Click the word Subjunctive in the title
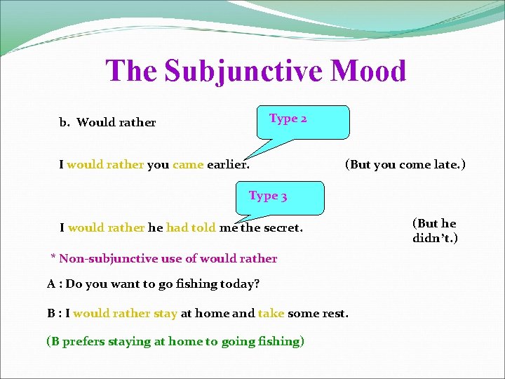pyautogui.click(x=241, y=72)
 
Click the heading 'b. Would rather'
pyautogui.click(x=107, y=122)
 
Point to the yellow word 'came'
pyautogui.click(x=187, y=165)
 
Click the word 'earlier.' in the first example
pyautogui.click(x=228, y=165)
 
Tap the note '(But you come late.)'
pyautogui.click(x=405, y=165)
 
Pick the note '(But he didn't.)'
pyautogui.click(x=435, y=231)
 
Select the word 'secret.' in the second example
pyautogui.click(x=282, y=227)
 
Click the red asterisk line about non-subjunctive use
pyautogui.click(x=164, y=258)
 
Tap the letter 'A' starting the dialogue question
pyautogui.click(x=51, y=284)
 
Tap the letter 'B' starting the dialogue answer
pyautogui.click(x=51, y=313)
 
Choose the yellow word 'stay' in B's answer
pyautogui.click(x=166, y=313)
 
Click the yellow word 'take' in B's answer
pyautogui.click(x=271, y=313)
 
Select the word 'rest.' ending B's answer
pyautogui.click(x=334, y=313)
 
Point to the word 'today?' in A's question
pyautogui.click(x=242, y=284)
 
